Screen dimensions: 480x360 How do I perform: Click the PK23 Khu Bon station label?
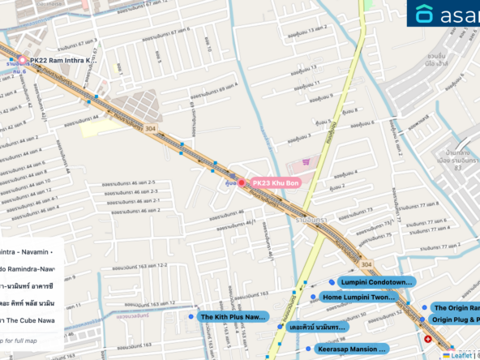(x=276, y=183)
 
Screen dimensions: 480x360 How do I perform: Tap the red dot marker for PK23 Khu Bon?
(x=241, y=182)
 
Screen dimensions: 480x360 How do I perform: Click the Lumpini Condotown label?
(x=376, y=282)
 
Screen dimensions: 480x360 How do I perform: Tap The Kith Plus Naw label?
(x=233, y=317)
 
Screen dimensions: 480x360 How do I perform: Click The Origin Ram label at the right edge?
(x=456, y=308)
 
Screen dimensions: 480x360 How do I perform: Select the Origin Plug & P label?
(x=455, y=320)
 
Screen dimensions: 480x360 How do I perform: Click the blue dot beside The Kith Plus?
(x=190, y=317)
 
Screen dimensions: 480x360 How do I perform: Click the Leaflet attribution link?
(x=462, y=355)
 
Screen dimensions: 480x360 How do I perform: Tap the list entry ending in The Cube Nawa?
(x=28, y=320)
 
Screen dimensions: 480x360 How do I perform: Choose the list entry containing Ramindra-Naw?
(x=28, y=268)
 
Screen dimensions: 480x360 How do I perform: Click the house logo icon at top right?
(x=423, y=14)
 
